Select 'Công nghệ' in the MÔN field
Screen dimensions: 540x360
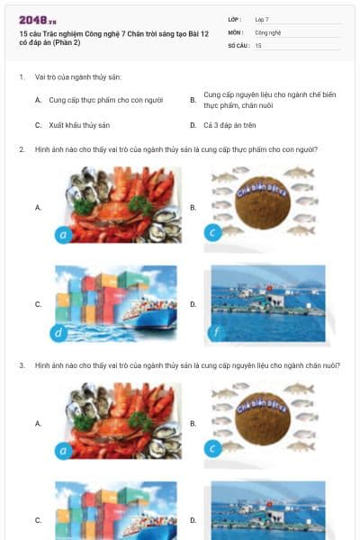268,31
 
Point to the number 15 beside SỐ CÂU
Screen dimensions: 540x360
258,44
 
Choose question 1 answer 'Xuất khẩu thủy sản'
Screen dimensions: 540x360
79,125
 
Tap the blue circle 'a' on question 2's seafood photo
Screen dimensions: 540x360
62,236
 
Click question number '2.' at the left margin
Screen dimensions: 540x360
22,149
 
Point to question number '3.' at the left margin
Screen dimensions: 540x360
22,365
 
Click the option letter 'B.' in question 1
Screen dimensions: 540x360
193,100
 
